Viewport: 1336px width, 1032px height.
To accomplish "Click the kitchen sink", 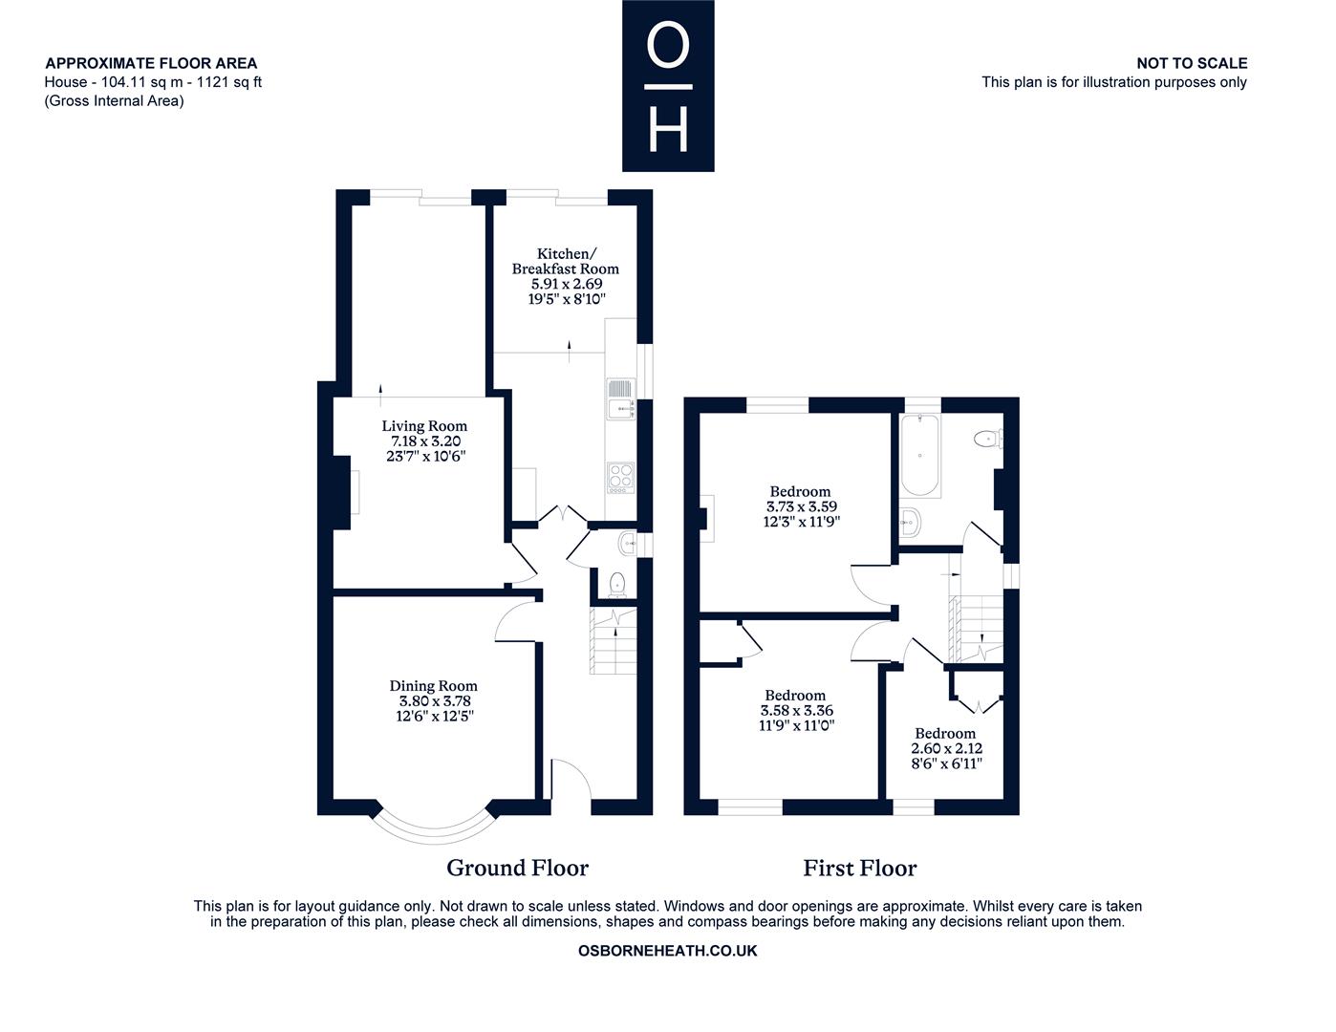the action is [620, 398].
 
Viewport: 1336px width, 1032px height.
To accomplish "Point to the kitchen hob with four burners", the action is [620, 478].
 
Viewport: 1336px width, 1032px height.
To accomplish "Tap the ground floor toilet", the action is [616, 585].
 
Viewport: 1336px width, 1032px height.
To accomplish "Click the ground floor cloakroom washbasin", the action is [627, 544].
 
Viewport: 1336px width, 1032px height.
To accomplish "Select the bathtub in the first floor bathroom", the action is [919, 455].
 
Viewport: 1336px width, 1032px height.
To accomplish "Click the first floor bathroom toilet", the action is [989, 439].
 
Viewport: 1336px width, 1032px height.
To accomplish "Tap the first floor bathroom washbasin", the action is [910, 523].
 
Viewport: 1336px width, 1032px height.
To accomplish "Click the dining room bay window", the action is [435, 825].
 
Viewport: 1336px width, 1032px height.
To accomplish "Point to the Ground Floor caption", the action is [517, 868].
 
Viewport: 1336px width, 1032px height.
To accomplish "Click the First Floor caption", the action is [859, 868].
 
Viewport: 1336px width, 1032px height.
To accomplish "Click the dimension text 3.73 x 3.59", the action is [801, 506].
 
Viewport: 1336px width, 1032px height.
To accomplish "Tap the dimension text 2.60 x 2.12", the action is [946, 748].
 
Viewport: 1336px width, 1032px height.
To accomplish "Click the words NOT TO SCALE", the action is [1192, 63].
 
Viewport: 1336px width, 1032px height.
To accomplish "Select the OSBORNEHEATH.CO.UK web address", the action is [668, 951].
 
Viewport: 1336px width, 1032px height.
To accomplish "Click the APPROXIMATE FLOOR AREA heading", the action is [151, 63].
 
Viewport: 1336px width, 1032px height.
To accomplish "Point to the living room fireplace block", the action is [341, 492].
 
